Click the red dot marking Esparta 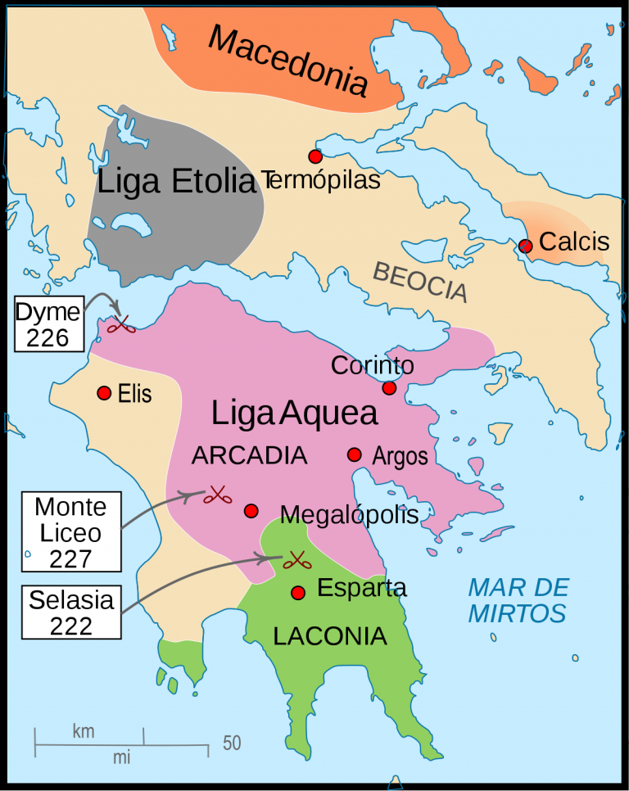(298, 592)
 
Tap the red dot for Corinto (389, 387)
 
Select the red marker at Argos (355, 454)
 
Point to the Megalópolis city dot (251, 510)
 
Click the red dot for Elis (104, 393)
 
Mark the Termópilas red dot (315, 156)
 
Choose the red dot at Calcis (526, 246)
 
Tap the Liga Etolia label (177, 182)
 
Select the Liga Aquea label (294, 414)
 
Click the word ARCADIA (249, 455)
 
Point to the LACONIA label (330, 636)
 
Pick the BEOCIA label (420, 281)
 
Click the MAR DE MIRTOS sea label (518, 600)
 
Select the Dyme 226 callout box (48, 325)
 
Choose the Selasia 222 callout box (71, 612)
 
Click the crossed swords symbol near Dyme (123, 325)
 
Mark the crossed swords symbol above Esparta (294, 561)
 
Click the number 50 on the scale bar (232, 744)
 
